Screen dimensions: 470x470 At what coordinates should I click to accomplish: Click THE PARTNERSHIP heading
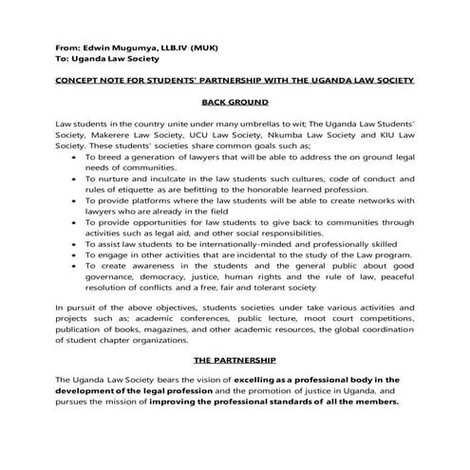coord(235,361)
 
